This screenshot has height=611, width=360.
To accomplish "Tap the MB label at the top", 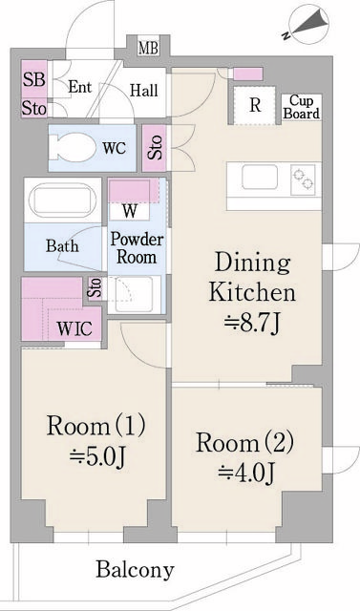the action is click(x=148, y=49).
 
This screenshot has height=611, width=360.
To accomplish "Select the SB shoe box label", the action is click(x=33, y=79).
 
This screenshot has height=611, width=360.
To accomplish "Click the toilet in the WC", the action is click(x=73, y=148).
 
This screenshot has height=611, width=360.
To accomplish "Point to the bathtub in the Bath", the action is click(x=63, y=200).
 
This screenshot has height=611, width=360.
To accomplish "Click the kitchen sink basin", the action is click(x=260, y=178).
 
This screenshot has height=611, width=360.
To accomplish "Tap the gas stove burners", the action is click(x=303, y=179).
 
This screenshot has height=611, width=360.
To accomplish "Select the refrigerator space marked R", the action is click(x=255, y=105).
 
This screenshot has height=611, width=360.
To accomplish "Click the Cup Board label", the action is click(x=302, y=107).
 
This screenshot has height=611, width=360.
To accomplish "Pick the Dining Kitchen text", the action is click(x=252, y=278).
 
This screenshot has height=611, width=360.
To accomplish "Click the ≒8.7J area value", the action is click(x=252, y=324).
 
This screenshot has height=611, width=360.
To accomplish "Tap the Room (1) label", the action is click(x=95, y=426).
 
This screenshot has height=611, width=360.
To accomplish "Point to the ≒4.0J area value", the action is click(x=245, y=473).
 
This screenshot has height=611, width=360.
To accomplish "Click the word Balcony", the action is click(x=135, y=571).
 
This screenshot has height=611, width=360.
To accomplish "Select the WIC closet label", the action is click(x=74, y=328).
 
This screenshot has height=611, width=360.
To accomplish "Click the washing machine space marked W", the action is click(x=130, y=211).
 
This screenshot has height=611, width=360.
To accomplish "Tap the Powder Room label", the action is click(x=136, y=248).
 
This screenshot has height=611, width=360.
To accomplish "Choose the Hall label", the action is click(x=144, y=91).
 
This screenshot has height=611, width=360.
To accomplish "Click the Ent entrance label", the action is click(x=80, y=87).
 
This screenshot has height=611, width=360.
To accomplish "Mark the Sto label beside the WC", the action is click(x=156, y=147).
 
